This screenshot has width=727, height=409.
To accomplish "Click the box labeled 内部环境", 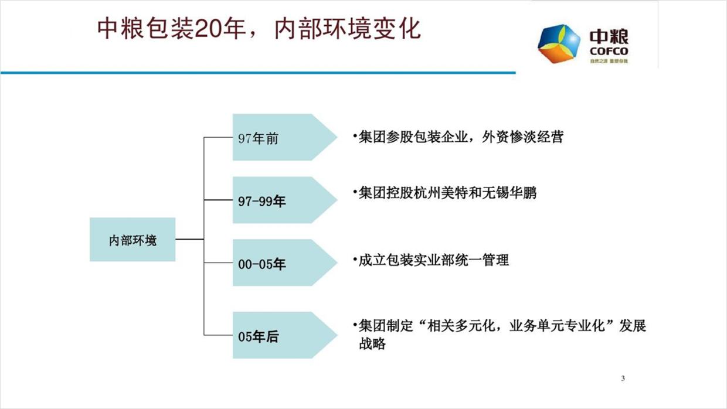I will tap(133, 240).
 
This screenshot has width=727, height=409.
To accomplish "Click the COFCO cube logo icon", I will tap(559, 44).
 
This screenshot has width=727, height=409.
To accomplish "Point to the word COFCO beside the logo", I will tap(609, 52).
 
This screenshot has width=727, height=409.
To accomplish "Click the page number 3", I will tap(623, 378).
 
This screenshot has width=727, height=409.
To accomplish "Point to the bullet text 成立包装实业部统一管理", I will tap(434, 260).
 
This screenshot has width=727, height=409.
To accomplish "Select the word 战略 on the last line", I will tap(372, 343).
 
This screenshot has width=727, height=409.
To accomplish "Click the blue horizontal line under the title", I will tap(258, 73).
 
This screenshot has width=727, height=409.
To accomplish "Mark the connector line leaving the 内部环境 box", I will tap(189, 239).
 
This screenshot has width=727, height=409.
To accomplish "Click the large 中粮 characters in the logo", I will tap(609, 38).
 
